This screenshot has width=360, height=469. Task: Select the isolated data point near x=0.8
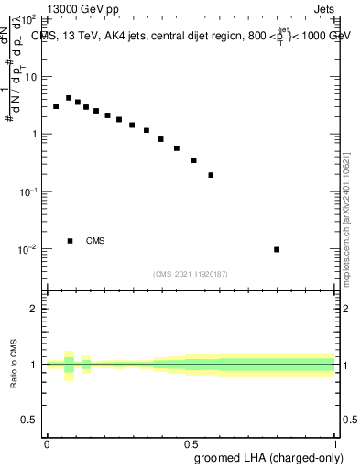pos(277,249)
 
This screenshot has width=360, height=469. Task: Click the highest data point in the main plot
pos(69,98)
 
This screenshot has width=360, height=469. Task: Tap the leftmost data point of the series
pos(56,106)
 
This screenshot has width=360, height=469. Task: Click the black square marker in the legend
pos(70,241)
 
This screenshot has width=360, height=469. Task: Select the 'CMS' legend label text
pos(95,241)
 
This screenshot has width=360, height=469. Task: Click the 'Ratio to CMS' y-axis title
pos(15,364)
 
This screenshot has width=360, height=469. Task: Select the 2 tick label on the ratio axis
pos(34,309)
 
